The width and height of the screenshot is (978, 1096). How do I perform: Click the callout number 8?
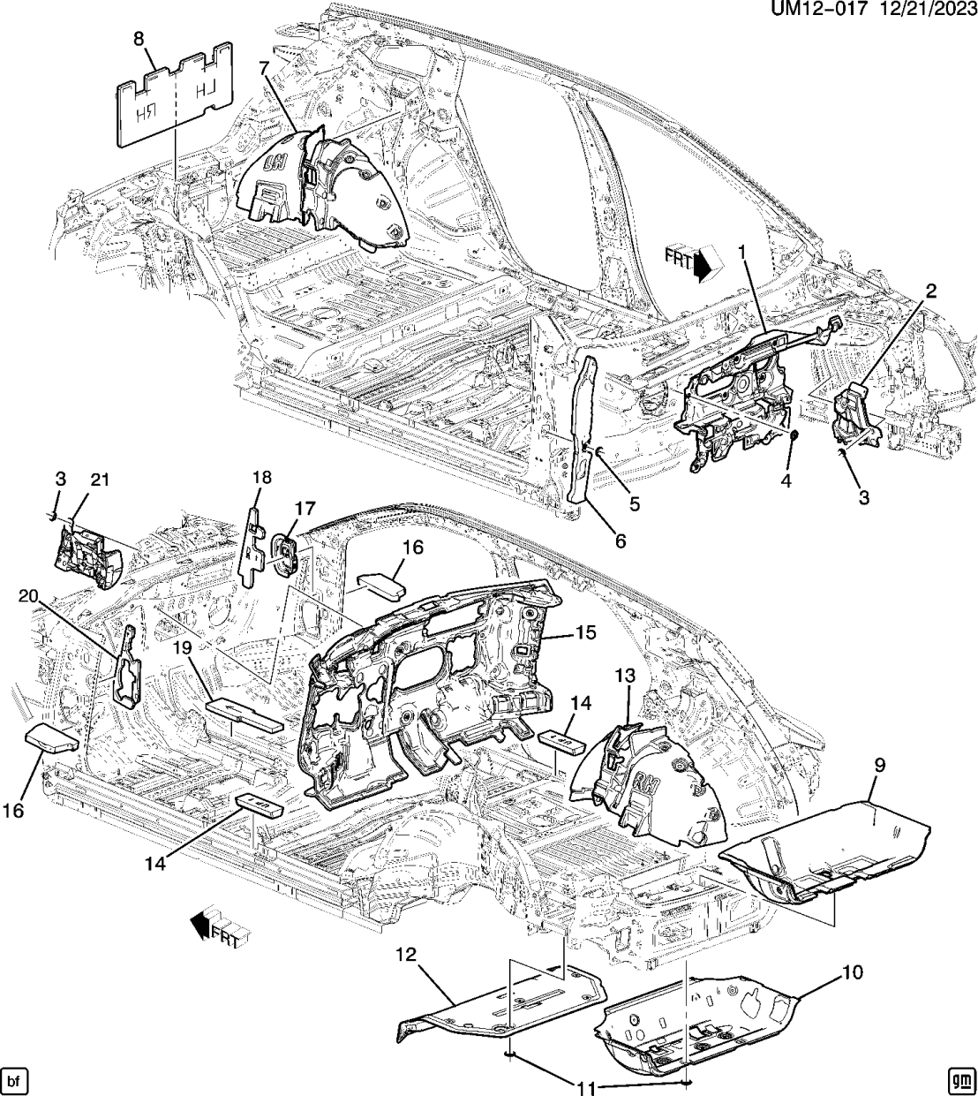139,39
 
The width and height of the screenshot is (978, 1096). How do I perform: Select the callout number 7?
264,68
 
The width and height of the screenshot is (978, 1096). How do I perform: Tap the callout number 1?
742,253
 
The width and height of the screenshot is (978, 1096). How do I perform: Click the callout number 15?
585,632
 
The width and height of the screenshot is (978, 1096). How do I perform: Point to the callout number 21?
101,480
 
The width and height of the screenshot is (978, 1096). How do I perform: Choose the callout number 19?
182,648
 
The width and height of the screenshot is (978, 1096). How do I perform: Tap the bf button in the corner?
15,1080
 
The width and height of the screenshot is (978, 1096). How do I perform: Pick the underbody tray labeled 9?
830,848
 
